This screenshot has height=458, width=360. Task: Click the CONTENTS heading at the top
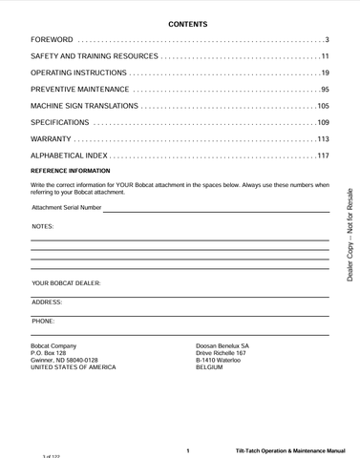[x=187, y=22]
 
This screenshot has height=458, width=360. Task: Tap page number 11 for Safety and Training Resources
[x=324, y=56]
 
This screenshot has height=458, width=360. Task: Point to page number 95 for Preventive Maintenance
[x=324, y=89]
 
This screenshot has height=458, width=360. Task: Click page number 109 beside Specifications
[x=322, y=122]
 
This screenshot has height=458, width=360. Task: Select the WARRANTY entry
[x=54, y=138]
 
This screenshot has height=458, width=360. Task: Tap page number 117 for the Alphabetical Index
[x=322, y=155]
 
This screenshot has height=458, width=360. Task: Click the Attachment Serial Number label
[x=66, y=206]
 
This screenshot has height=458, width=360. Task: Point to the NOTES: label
[x=43, y=226]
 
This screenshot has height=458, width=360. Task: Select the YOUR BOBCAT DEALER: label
[x=66, y=283]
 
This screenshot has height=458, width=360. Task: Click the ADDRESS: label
[x=47, y=302]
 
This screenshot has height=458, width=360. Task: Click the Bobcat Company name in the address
[x=53, y=344]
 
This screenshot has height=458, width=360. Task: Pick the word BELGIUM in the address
[x=209, y=367]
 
